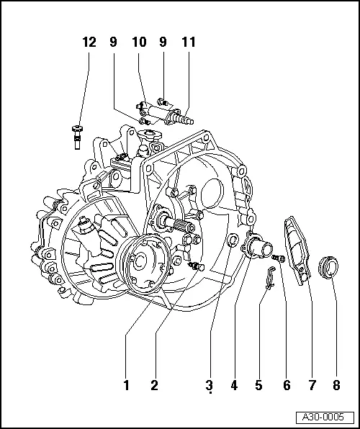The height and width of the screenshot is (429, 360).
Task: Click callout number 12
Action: (89, 42)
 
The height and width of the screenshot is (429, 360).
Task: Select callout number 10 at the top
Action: (138, 42)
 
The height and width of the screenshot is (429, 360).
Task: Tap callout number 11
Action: (189, 42)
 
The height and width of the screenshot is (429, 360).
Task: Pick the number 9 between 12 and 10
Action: (114, 42)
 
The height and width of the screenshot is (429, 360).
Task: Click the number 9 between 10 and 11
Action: (163, 42)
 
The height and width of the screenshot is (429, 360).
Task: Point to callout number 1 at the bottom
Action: (127, 385)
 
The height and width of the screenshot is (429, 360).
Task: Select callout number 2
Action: (154, 385)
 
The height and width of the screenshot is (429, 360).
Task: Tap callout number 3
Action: (209, 385)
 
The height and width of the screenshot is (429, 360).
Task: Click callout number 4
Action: (234, 385)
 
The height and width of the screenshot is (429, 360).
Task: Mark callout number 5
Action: (258, 385)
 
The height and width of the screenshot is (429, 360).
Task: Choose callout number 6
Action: (286, 385)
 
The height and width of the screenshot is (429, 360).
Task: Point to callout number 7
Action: (312, 385)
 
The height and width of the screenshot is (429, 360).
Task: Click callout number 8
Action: (336, 385)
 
